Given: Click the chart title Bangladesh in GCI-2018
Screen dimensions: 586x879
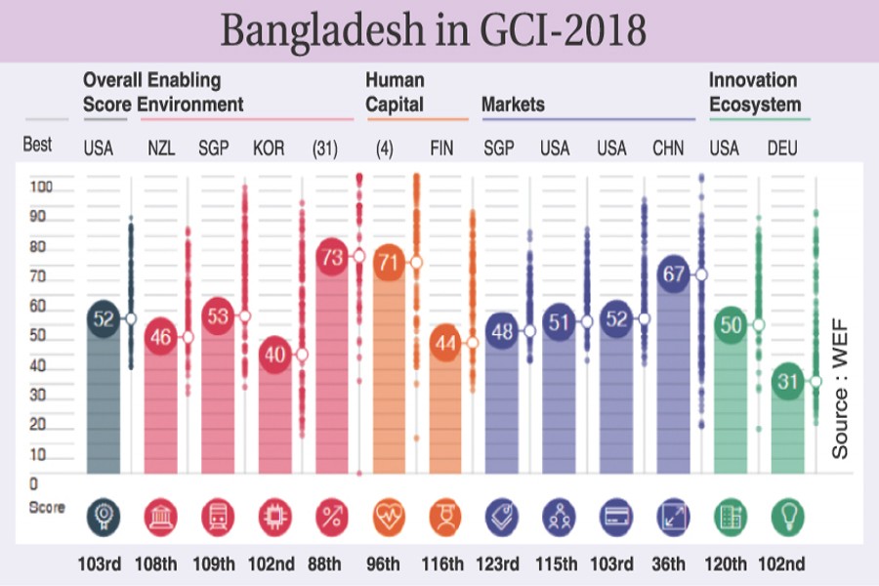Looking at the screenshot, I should point(433,30).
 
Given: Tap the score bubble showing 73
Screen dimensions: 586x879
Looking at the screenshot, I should point(332,256).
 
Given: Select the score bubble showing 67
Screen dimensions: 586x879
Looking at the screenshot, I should point(674,274).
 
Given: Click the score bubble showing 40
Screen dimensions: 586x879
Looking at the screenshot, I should point(275,355).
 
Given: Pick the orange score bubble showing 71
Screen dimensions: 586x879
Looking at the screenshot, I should point(389,263).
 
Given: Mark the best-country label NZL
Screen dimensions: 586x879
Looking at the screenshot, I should point(161,148).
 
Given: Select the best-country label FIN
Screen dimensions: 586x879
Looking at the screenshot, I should point(445,148).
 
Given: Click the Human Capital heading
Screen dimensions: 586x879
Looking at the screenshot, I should point(395,92).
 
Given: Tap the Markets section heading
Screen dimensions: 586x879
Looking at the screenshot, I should point(513,104).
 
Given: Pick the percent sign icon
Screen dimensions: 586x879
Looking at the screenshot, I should point(332,515).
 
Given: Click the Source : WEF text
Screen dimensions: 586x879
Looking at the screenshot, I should point(840,387).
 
